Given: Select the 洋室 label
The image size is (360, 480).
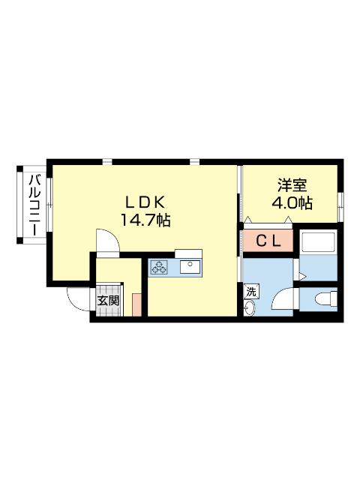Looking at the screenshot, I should (292, 184).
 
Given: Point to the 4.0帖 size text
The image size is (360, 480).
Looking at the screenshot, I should (292, 202).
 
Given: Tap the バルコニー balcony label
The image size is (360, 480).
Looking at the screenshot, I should (34, 204).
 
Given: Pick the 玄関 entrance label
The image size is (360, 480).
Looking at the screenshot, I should (108, 301).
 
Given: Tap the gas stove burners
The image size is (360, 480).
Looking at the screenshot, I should (160, 266).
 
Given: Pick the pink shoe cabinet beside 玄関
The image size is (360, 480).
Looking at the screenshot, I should (136, 304).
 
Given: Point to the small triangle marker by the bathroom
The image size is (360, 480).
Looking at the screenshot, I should (302, 277).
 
